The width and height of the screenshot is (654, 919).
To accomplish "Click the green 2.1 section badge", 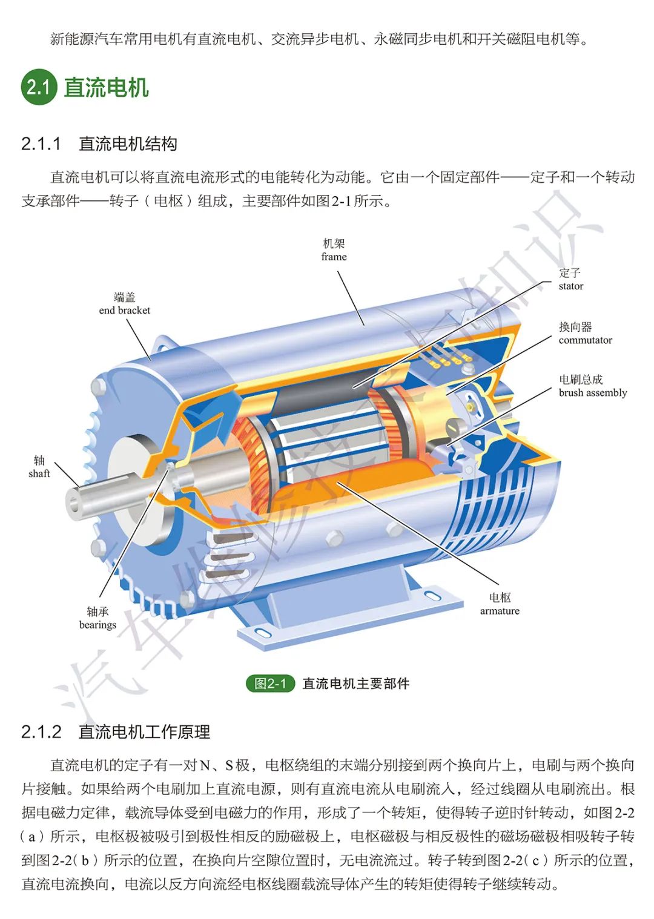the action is pyautogui.click(x=39, y=87).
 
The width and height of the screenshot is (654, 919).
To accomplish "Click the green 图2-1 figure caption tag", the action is pyautogui.click(x=270, y=683).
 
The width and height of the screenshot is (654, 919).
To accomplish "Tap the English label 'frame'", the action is pyautogui.click(x=334, y=257).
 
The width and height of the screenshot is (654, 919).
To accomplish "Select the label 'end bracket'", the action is pyautogui.click(x=125, y=310).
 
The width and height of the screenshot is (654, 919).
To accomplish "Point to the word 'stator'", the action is pyautogui.click(x=570, y=286).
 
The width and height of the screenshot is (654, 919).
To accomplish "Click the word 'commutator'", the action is pyautogui.click(x=585, y=340).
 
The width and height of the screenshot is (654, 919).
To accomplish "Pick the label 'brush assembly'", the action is pyautogui.click(x=593, y=393).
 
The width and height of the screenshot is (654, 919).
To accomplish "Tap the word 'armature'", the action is pyautogui.click(x=500, y=611).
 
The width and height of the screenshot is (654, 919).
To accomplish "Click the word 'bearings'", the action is pyautogui.click(x=97, y=625).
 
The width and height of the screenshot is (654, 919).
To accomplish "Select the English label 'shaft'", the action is pyautogui.click(x=39, y=473).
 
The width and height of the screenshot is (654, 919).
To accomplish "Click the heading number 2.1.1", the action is pyautogui.click(x=41, y=144).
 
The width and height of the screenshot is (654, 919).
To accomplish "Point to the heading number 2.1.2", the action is pyautogui.click(x=41, y=732).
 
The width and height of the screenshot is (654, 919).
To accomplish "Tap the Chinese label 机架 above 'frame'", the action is pyautogui.click(x=334, y=244).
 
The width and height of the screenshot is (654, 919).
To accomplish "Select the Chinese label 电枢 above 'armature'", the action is pyautogui.click(x=500, y=598).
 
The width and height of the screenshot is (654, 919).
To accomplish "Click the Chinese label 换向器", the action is pyautogui.click(x=575, y=327).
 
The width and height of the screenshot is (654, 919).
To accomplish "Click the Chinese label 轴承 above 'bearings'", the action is pyautogui.click(x=97, y=611).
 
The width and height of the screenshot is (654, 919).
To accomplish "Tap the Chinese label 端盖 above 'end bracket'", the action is pyautogui.click(x=125, y=297).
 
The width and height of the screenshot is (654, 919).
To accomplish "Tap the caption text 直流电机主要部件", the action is pyautogui.click(x=355, y=683).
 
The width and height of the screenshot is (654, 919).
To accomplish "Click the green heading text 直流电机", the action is pyautogui.click(x=106, y=87).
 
